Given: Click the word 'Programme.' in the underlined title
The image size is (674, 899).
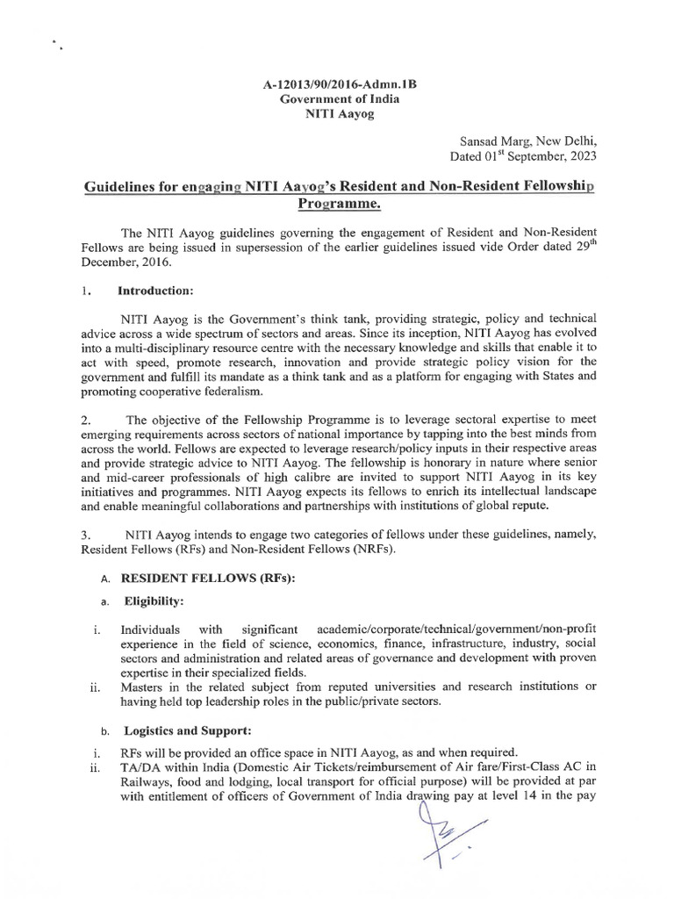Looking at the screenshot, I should (336, 206).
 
